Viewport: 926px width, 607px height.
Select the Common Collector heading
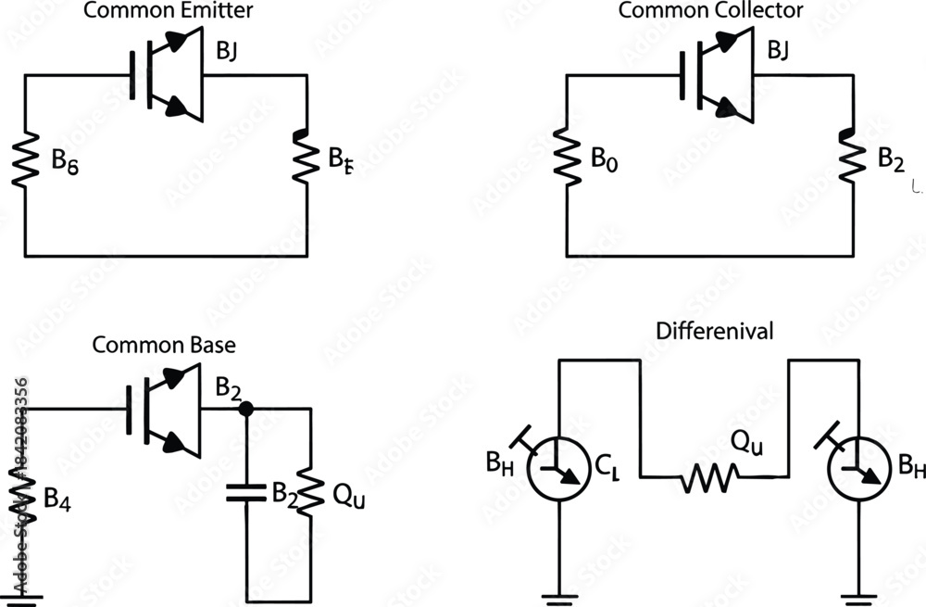click(710, 11)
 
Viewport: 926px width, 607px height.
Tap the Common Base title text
click(164, 346)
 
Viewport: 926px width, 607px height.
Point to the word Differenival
click(714, 330)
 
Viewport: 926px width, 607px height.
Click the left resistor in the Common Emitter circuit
click(25, 163)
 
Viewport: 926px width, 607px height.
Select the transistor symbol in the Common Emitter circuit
click(169, 73)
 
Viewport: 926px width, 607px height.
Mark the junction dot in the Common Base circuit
click(245, 408)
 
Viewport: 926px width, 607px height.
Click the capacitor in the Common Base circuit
click(245, 491)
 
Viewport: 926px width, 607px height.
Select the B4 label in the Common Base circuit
click(56, 498)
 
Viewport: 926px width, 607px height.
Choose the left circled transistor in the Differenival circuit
click(559, 466)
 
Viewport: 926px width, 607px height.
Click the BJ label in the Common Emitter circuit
click(226, 52)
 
